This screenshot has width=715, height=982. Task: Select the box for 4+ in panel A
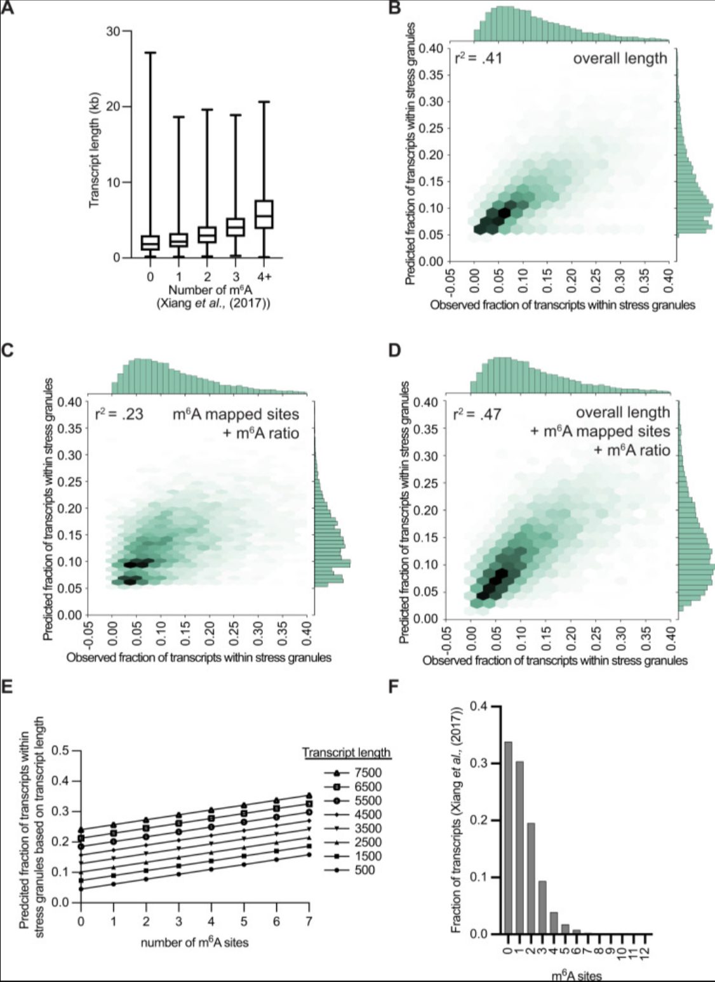(x=264, y=214)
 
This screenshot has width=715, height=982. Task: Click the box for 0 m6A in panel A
(x=150, y=242)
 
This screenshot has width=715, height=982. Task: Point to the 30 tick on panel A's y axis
(x=112, y=31)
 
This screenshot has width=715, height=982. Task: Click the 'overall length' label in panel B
(x=620, y=59)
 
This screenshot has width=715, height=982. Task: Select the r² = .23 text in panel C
(x=119, y=415)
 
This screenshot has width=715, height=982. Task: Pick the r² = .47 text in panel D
(x=477, y=415)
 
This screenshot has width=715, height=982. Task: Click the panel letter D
(x=394, y=350)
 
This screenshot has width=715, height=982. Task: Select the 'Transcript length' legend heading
(x=346, y=753)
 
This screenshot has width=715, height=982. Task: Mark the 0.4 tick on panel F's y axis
(x=481, y=707)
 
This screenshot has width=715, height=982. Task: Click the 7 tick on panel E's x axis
(x=309, y=921)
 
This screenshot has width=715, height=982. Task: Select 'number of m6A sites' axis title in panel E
(x=194, y=943)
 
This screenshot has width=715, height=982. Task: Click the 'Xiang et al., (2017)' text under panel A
(x=213, y=303)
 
